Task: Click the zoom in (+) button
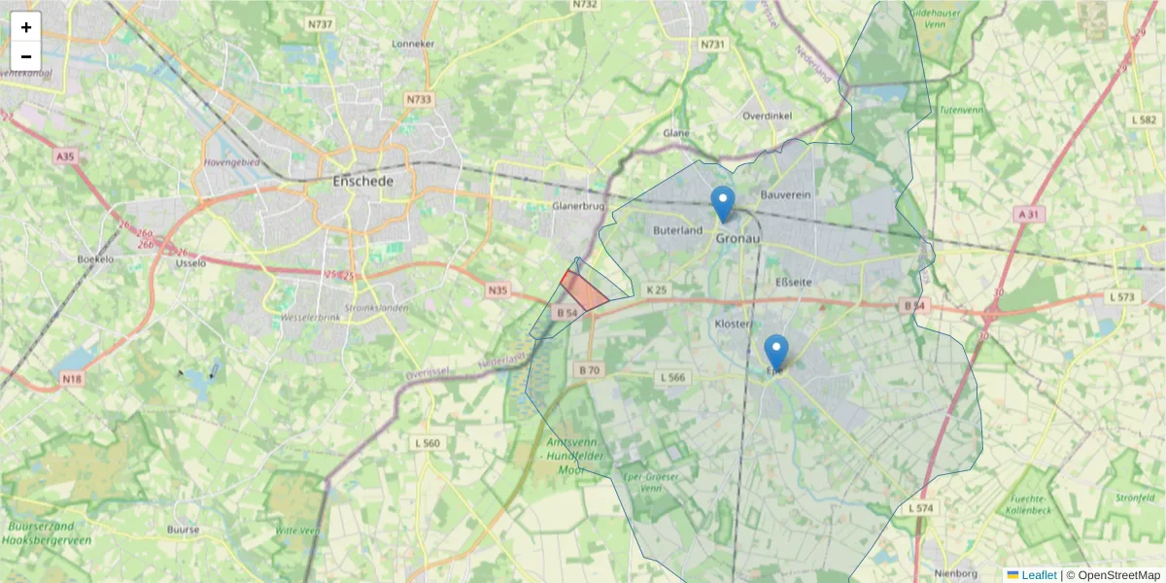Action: tap(26, 27)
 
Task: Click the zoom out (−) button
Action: tap(26, 56)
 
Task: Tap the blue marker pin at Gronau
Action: tap(723, 203)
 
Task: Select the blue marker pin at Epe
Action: tap(775, 353)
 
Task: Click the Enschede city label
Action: tap(362, 182)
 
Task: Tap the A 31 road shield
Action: tap(1030, 214)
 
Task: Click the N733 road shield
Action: tap(419, 99)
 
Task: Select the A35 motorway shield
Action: tap(65, 155)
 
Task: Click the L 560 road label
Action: tap(427, 443)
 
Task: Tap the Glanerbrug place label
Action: tap(578, 206)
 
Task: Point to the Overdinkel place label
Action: tap(768, 115)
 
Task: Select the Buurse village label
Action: tap(183, 530)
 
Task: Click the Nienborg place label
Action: tap(947, 572)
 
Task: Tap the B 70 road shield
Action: tap(589, 370)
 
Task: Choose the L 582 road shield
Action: tap(1144, 119)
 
